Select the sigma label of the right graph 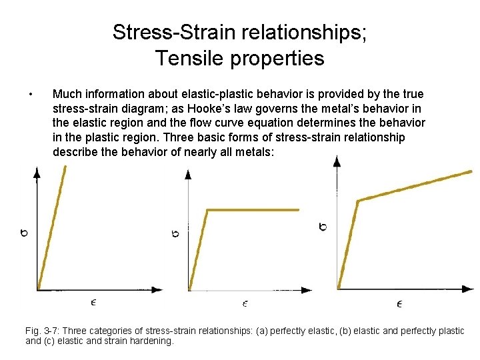coord(323,227)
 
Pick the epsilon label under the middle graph coord(245,303)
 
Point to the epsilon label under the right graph coord(399,304)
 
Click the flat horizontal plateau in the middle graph coord(253,210)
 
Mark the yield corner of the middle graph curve coord(208,211)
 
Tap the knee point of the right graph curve coord(359,200)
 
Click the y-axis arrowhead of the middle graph coord(188,173)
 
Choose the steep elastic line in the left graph coord(52,227)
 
